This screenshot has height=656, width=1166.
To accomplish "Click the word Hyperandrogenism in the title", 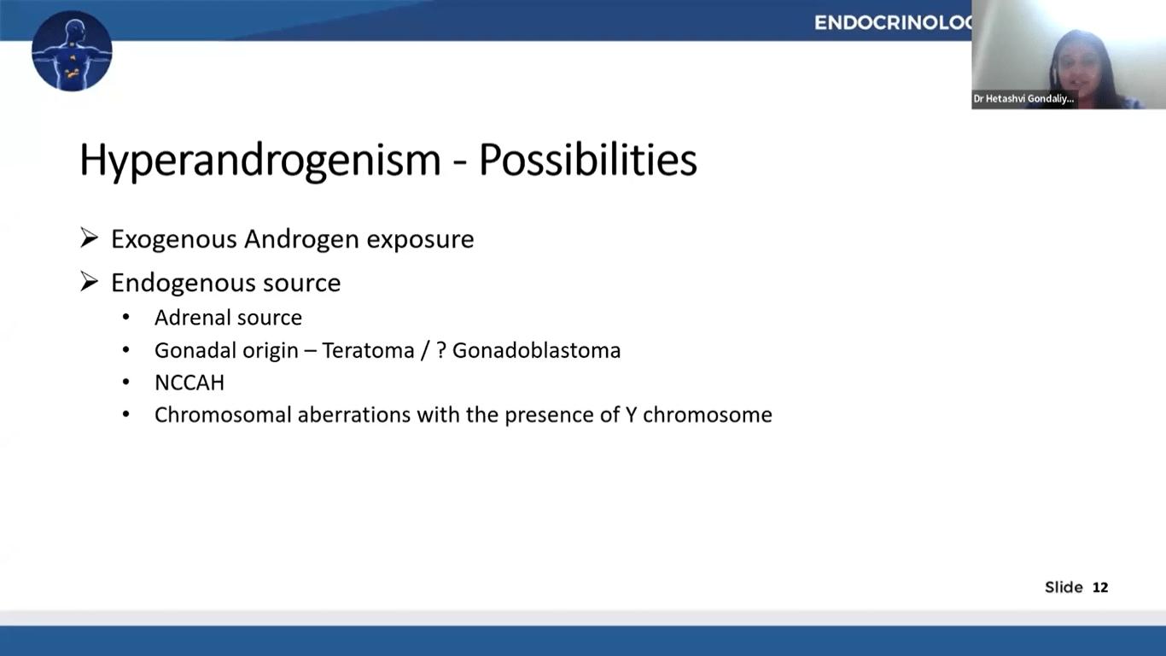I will pyautogui.click(x=259, y=161).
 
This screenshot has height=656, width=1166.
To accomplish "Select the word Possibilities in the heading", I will pyautogui.click(x=587, y=161).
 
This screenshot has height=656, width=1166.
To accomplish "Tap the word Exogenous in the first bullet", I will pyautogui.click(x=173, y=239).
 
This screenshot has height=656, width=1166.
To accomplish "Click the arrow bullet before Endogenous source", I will pyautogui.click(x=90, y=282).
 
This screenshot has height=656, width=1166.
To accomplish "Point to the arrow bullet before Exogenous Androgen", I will pyautogui.click(x=90, y=238).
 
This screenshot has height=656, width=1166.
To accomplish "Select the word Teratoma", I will pyautogui.click(x=368, y=350).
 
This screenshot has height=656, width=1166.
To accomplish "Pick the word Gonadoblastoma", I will pyautogui.click(x=536, y=350).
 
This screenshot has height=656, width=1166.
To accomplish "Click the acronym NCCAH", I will pyautogui.click(x=189, y=383).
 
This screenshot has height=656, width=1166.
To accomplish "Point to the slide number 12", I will pyautogui.click(x=1100, y=588).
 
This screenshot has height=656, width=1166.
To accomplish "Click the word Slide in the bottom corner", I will pyautogui.click(x=1064, y=588).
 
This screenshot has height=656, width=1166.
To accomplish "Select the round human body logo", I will pyautogui.click(x=72, y=51).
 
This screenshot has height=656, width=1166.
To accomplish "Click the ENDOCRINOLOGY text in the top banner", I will pyautogui.click(x=893, y=23).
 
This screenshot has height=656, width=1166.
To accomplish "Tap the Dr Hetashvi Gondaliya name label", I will pyautogui.click(x=1023, y=99).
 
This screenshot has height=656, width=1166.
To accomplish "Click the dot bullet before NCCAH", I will pyautogui.click(x=126, y=383).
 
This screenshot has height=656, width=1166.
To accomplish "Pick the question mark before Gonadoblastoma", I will pyautogui.click(x=441, y=350).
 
